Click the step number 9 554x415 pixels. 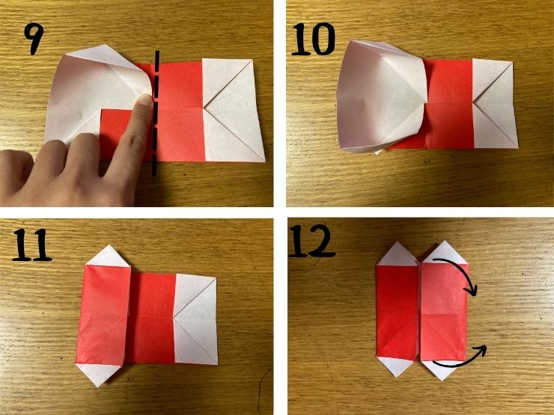(x=34, y=38)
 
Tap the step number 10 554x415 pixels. (x=313, y=39)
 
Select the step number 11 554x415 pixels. (x=32, y=245)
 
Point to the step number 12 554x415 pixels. (x=311, y=241)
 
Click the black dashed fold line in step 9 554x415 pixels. (x=156, y=113)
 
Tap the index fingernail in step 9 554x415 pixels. (x=146, y=100)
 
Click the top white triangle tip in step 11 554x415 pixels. (x=109, y=245)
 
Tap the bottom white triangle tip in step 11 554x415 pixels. (x=99, y=387)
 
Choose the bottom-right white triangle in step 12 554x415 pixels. (x=441, y=369)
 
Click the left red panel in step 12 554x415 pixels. (x=397, y=312)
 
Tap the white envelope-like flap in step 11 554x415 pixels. (x=195, y=319)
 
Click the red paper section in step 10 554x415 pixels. (x=449, y=104)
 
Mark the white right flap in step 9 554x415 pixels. (x=233, y=110)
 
